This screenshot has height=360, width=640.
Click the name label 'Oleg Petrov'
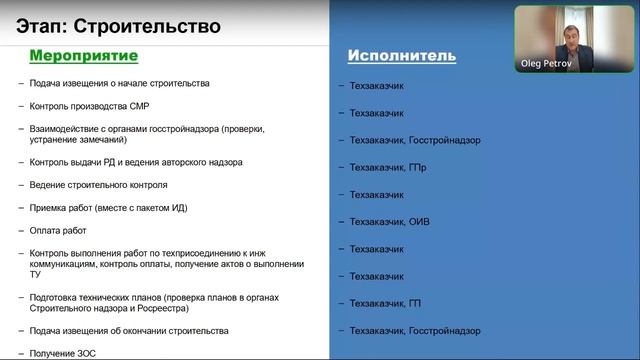coord(549,63)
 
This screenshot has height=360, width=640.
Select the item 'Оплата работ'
coord(57,229)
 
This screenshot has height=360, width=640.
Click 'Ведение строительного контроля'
coord(99,185)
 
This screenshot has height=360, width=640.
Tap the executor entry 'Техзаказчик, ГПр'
coord(388,167)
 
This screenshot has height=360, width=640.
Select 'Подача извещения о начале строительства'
coord(121,83)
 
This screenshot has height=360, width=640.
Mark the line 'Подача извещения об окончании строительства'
coord(130,330)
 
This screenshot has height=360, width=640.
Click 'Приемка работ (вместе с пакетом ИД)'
coord(109,207)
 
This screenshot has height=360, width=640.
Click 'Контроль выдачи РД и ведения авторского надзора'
coord(136,162)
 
